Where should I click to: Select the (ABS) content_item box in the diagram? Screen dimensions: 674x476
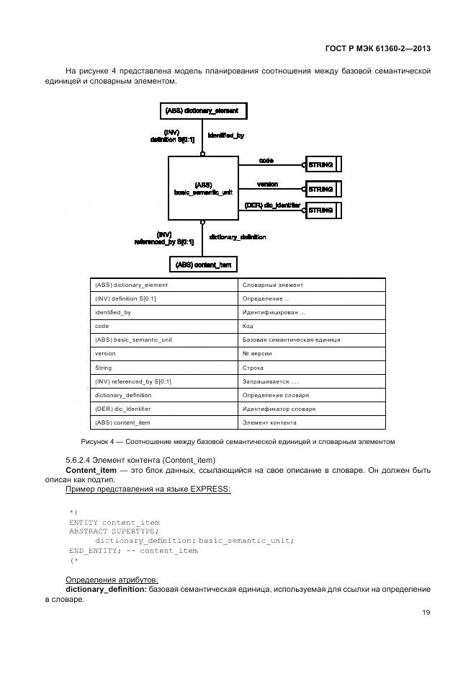pos(204,265)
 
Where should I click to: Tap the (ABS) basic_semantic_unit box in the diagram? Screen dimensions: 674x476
pos(202,189)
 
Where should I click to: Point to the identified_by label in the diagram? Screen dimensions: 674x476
pos(225,136)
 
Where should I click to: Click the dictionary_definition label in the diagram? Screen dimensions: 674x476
pos(237,236)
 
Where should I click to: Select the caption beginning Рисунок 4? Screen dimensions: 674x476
pos(238,441)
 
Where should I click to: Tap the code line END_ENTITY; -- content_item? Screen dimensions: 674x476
pos(133,551)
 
